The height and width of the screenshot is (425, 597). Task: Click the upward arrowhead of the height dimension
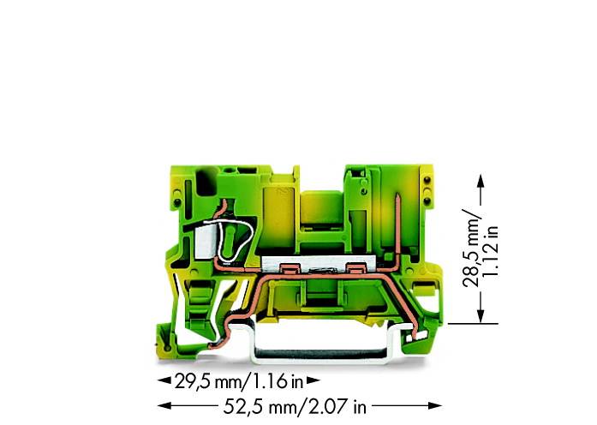point(479,183)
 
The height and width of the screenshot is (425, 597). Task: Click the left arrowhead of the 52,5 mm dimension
point(160,405)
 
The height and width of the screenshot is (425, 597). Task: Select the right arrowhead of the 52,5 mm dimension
point(438,405)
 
